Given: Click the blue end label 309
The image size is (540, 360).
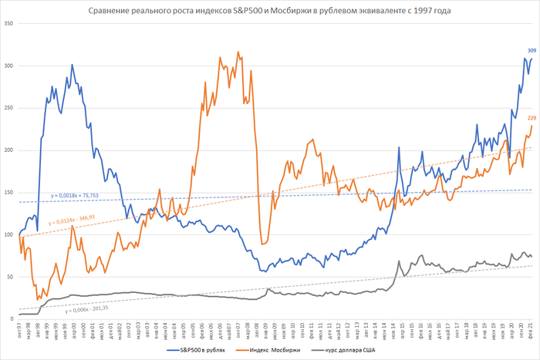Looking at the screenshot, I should (x=532, y=51).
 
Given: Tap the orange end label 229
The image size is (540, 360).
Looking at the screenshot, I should (x=532, y=118).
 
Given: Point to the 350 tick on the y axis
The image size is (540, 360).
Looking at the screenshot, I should (x=9, y=24).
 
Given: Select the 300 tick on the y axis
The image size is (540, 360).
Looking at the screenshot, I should (x=9, y=66).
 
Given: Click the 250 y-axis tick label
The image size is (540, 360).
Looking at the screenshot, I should (x=9, y=108).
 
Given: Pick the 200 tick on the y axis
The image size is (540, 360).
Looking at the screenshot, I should (x=9, y=150).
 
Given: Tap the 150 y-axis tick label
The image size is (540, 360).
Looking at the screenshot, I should (x=9, y=192).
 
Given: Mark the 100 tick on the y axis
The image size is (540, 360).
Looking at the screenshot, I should (x=9, y=234).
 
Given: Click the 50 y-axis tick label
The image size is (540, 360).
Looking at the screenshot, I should (x=11, y=276).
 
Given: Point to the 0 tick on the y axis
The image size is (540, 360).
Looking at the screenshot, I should (x=12, y=318).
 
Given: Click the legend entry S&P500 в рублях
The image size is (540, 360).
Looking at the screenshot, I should (x=201, y=351).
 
